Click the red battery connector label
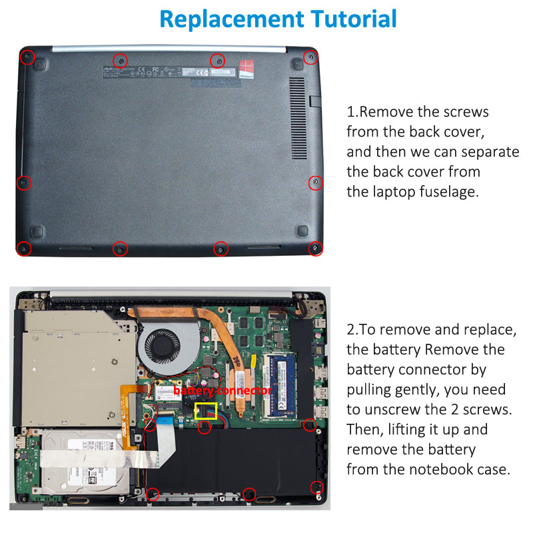point(223,390)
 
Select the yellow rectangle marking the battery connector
point(205,410)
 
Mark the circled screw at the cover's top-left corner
point(27,57)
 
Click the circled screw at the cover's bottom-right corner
point(316,249)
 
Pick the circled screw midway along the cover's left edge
point(23,182)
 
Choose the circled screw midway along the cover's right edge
point(316,182)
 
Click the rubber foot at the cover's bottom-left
point(37,231)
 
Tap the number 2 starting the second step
point(350,330)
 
